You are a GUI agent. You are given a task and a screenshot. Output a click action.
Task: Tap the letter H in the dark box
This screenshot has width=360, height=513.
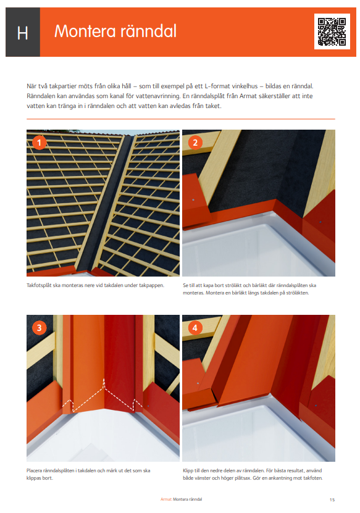pyautogui.click(x=22, y=33)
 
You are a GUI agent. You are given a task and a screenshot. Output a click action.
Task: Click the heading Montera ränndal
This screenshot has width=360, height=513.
pyautogui.click(x=115, y=31)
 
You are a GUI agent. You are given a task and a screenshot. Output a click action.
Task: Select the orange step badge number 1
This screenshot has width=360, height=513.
pyautogui.click(x=40, y=143)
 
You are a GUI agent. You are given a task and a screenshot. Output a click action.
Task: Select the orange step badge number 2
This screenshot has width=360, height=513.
pyautogui.click(x=196, y=143)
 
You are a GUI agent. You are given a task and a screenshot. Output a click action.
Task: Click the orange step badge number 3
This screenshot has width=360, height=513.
pyautogui.click(x=40, y=328)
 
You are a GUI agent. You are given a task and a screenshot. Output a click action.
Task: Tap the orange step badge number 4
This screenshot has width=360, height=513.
pyautogui.click(x=196, y=328)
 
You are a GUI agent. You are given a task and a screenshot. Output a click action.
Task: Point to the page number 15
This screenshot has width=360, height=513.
pyautogui.click(x=332, y=499)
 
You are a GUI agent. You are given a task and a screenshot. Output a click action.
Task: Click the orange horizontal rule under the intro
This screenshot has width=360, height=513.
pyautogui.click(x=180, y=119)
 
